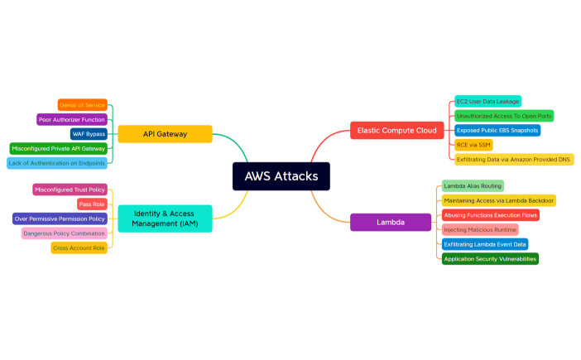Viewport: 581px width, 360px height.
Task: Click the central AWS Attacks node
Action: pos(281,176)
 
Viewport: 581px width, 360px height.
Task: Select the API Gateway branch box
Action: pos(165,134)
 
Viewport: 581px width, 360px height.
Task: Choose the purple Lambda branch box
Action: pos(390,222)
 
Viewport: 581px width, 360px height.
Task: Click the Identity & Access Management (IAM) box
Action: pos(165,218)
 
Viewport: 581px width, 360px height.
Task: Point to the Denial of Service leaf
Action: pos(83,105)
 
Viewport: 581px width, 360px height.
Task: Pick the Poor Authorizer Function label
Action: pos(72,119)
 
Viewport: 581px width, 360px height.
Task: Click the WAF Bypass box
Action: pos(89,134)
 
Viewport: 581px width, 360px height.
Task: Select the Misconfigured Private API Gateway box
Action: pos(59,148)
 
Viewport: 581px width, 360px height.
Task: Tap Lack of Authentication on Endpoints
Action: pos(57,163)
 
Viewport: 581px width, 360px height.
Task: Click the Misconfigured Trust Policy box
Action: pos(70,190)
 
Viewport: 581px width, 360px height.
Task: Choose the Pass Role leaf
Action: pos(91,204)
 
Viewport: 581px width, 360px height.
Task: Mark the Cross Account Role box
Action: pos(79,247)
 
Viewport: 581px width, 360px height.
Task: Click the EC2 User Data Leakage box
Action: pos(487,101)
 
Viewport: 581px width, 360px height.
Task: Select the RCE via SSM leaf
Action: pos(473,145)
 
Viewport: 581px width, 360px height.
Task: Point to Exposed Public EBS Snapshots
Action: pos(497,130)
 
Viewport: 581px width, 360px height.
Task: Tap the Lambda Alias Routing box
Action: pos(472,185)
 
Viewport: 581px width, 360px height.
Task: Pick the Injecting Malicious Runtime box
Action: pos(480,229)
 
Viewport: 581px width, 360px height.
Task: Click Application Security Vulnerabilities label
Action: pos(490,259)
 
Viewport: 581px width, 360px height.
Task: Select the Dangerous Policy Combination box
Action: pos(64,233)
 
